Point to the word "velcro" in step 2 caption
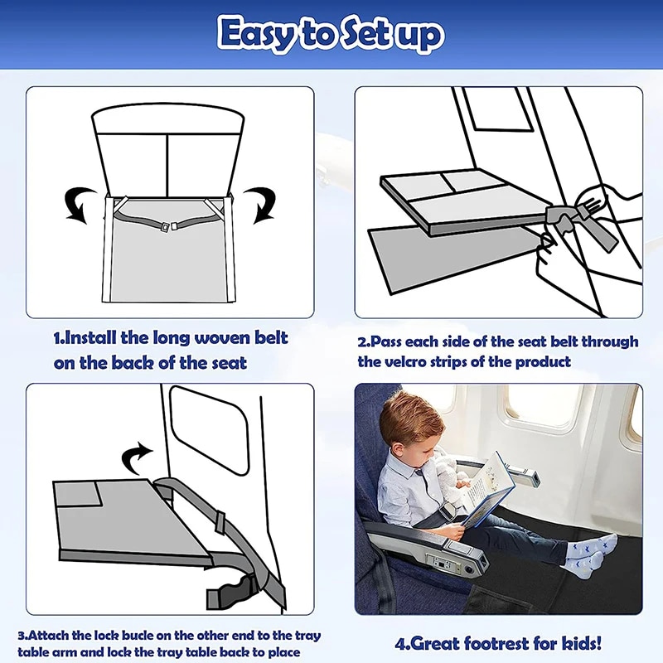coord(387,361)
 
